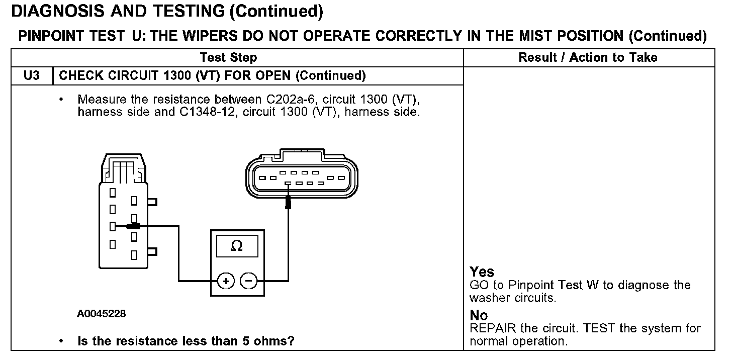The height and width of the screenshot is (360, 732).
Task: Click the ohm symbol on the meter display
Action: tap(236, 246)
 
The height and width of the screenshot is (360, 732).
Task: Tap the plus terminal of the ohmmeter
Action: tap(226, 281)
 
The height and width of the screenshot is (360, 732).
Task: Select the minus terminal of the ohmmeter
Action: tap(248, 281)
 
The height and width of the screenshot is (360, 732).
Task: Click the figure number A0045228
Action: tap(102, 314)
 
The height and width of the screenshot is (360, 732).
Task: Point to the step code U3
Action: tap(31, 76)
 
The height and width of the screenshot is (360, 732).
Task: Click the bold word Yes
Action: tap(482, 272)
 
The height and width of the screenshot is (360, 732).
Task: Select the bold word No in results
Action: tap(479, 315)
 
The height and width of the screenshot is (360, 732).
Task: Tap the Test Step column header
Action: tap(228, 57)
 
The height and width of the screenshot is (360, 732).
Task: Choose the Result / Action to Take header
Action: tap(588, 57)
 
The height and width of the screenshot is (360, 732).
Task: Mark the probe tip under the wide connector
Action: tap(288, 202)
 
